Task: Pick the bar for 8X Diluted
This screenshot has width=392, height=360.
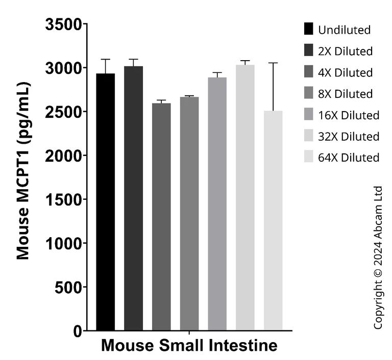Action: click(x=189, y=214)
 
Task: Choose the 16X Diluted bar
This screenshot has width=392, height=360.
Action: click(x=217, y=204)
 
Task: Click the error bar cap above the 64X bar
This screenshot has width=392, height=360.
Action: click(x=273, y=63)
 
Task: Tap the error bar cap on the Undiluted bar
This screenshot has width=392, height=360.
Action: click(x=105, y=59)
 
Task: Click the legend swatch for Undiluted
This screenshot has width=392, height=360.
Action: click(x=308, y=29)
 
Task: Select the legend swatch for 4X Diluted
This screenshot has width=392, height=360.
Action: click(x=308, y=72)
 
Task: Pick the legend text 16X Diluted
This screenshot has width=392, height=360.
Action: click(x=349, y=115)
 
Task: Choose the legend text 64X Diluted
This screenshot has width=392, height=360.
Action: click(x=349, y=158)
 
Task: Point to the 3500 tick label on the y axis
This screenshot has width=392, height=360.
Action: click(x=64, y=24)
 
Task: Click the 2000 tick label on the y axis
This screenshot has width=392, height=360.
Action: click(x=64, y=156)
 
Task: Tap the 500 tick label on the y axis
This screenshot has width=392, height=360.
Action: click(x=68, y=288)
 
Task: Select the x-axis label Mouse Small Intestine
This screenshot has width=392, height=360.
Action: click(x=189, y=345)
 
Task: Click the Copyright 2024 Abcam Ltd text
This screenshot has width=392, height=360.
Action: click(x=378, y=258)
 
